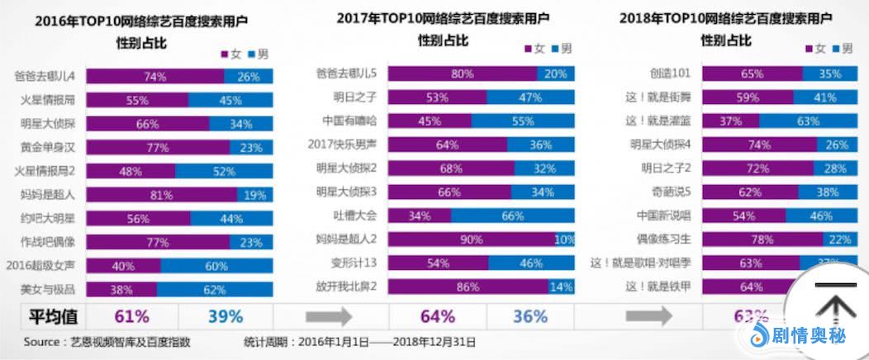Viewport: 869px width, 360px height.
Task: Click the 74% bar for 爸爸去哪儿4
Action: click(155, 77)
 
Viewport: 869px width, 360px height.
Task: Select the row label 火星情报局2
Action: click(47, 173)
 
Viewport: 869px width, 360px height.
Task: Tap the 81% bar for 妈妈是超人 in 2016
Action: click(162, 195)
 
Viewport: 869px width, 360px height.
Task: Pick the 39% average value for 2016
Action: click(226, 316)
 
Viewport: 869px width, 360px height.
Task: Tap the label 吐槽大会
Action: click(355, 216)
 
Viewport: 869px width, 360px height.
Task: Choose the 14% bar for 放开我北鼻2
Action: click(561, 287)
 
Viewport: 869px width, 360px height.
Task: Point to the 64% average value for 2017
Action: click(437, 316)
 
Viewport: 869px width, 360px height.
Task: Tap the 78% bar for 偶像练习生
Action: click(769, 239)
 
